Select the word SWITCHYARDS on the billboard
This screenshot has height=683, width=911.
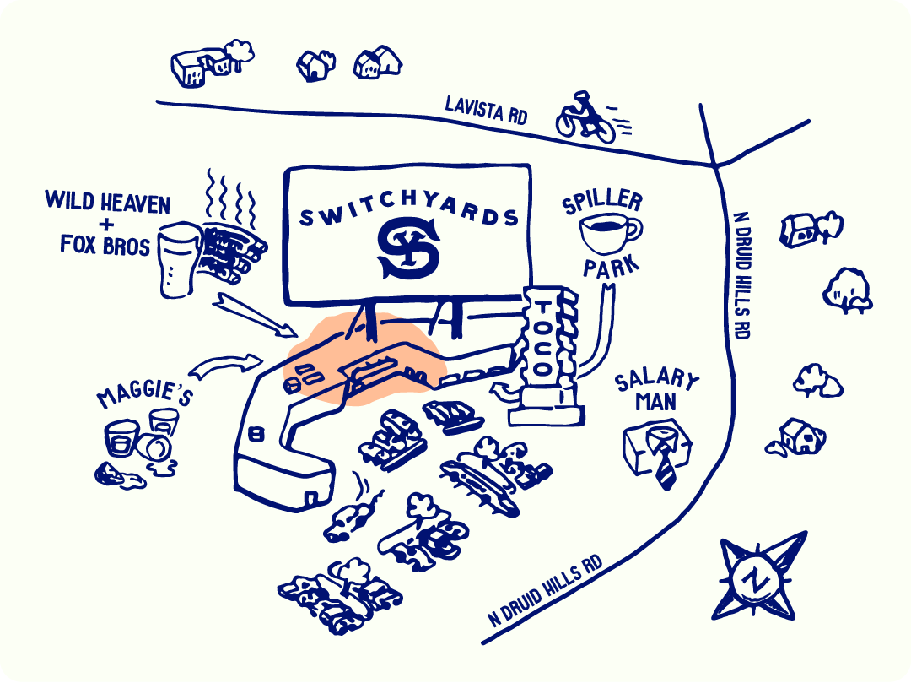coord(408,214)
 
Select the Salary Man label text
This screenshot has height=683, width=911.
coord(657,391)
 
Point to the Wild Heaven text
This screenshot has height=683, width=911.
coord(107,203)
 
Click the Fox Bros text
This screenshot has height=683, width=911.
coord(105,245)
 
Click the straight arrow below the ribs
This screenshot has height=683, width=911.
coord(252,314)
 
